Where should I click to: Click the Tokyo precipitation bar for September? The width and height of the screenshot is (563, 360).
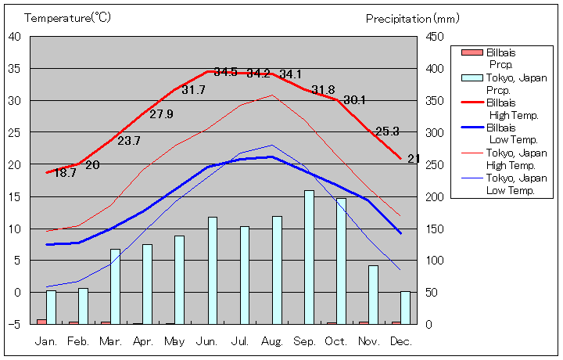coord(309,257)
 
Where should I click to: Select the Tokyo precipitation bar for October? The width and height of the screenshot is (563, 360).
coord(341,261)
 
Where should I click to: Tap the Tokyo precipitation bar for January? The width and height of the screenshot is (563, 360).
coord(51,307)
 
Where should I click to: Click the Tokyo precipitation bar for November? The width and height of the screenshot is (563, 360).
coord(373,294)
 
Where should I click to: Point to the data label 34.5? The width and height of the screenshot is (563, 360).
coord(226,72)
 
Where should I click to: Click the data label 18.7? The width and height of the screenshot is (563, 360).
coord(65,173)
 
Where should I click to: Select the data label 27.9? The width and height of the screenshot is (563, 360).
coord(161,114)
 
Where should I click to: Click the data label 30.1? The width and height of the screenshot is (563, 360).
coord(354,99)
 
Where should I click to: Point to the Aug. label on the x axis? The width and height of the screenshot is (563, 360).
coord(273,341)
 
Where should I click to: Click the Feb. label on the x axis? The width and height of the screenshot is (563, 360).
coord(79,341)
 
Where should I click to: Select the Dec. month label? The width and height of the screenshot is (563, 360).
coord(401,341)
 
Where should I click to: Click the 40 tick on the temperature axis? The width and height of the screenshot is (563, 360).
coord(16,36)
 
